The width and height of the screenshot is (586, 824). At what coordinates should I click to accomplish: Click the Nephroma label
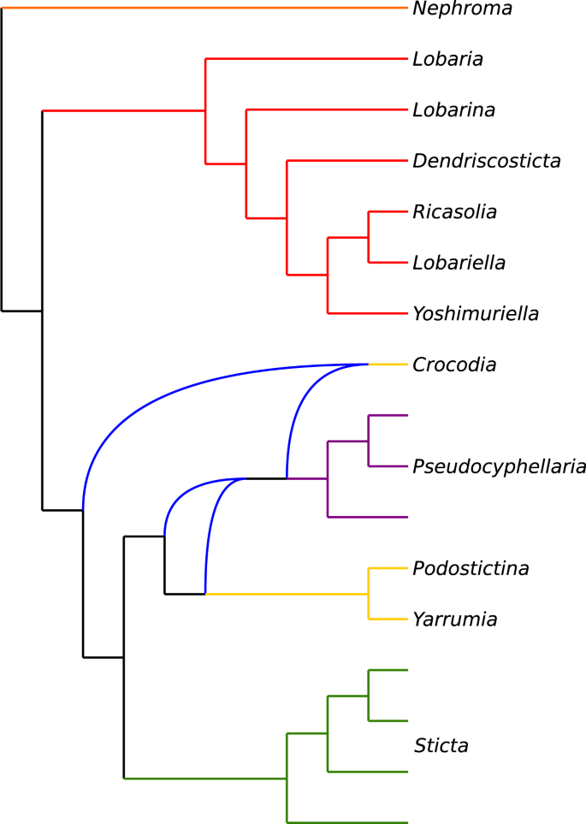coord(462,9)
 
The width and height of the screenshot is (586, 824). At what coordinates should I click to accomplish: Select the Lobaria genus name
coord(447,60)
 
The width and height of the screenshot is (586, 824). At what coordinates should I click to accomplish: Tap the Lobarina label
coord(453,110)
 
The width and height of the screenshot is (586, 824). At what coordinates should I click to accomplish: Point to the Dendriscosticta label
coord(486,161)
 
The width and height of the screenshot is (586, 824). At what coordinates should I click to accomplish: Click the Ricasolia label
coord(454,211)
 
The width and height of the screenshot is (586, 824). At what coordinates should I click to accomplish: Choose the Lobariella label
coord(459,263)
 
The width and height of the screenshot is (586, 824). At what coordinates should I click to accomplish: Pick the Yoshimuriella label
coord(475,314)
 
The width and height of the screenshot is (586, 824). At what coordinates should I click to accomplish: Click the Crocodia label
coord(453,365)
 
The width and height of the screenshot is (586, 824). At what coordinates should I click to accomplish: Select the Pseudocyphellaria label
coord(499,466)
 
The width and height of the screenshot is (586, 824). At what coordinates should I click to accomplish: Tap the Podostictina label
coord(471,568)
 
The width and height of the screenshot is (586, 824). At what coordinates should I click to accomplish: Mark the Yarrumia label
coord(454,619)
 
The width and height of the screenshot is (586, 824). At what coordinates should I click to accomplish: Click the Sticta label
coord(441,746)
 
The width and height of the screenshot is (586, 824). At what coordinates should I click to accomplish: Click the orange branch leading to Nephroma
coord(205,8)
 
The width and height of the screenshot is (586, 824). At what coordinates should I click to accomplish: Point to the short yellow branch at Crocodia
coord(388,365)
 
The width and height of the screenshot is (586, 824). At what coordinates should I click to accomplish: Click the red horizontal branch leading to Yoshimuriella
coord(367,313)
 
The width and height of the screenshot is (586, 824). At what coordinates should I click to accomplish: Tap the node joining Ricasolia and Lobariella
coord(369,237)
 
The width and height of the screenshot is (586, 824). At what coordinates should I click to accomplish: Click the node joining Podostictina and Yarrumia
coord(369,593)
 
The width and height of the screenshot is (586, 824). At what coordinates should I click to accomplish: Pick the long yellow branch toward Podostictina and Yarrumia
coord(287,593)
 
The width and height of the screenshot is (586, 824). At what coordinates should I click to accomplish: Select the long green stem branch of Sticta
coord(205,778)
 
